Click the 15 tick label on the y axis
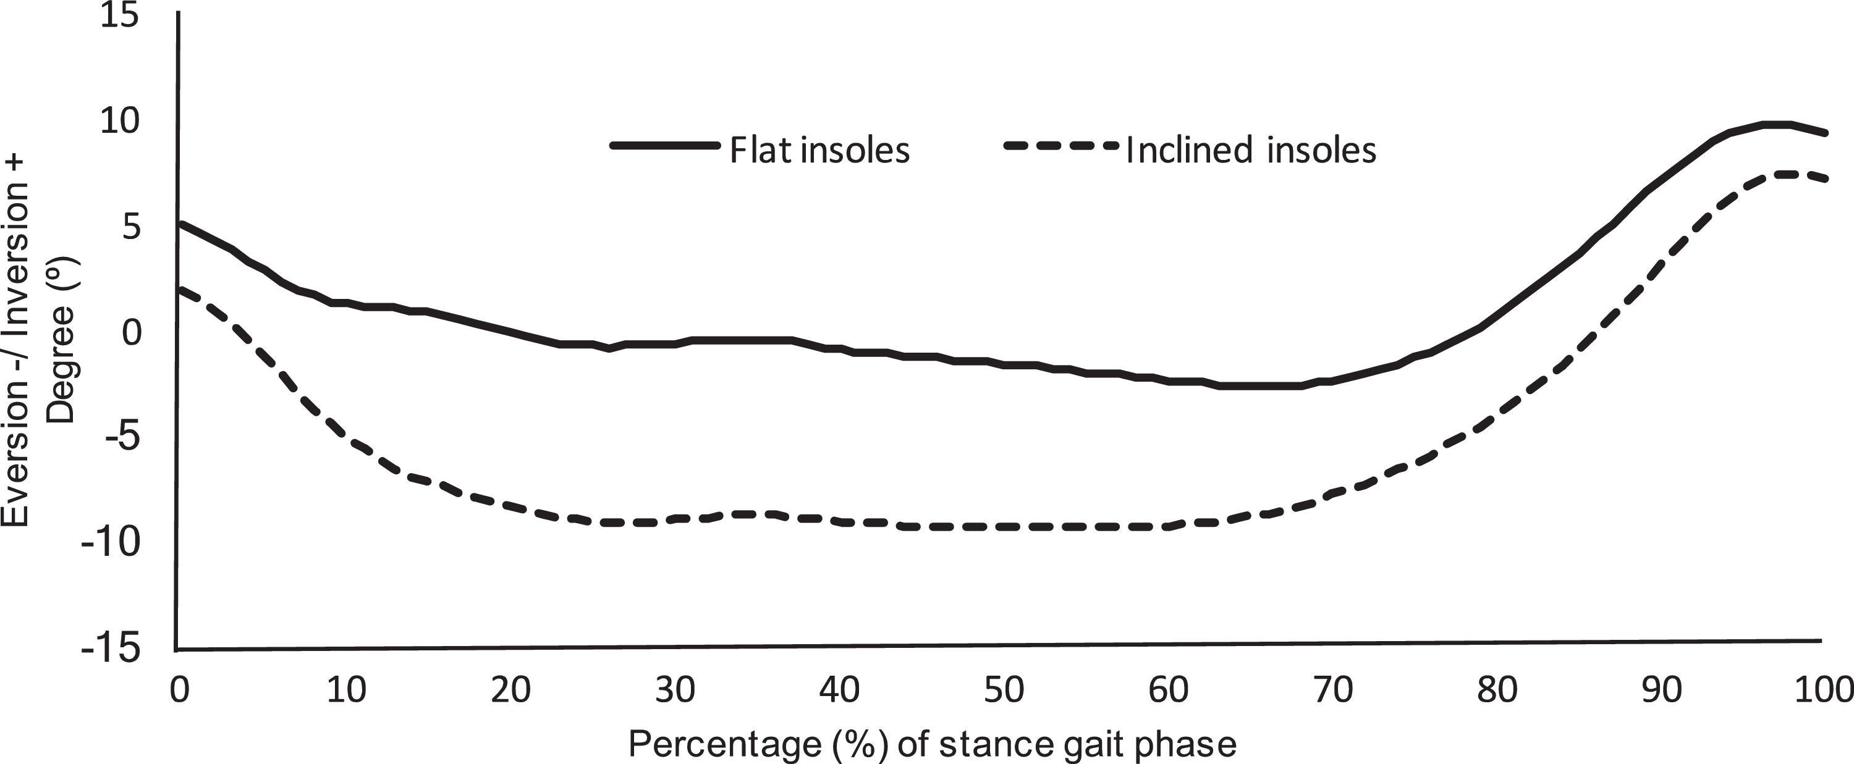point(119,16)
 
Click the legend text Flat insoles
point(819,150)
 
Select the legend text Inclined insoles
point(1251,150)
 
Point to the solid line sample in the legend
point(664,145)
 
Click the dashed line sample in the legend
point(1061,145)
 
